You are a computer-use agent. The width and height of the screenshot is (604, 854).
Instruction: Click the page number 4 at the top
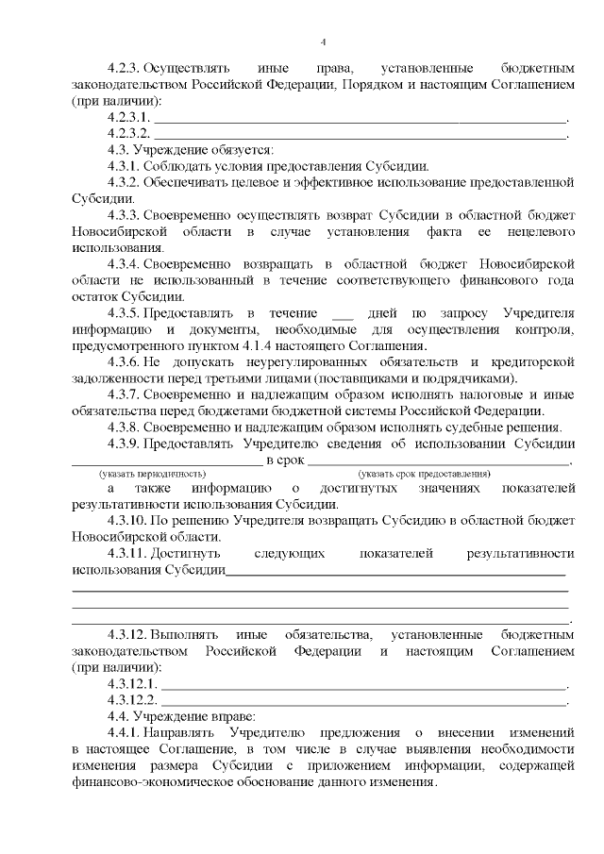(x=323, y=42)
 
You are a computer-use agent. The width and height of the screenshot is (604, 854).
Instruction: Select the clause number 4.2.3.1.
(x=129, y=118)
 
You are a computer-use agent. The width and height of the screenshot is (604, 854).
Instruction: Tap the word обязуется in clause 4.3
(x=241, y=151)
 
